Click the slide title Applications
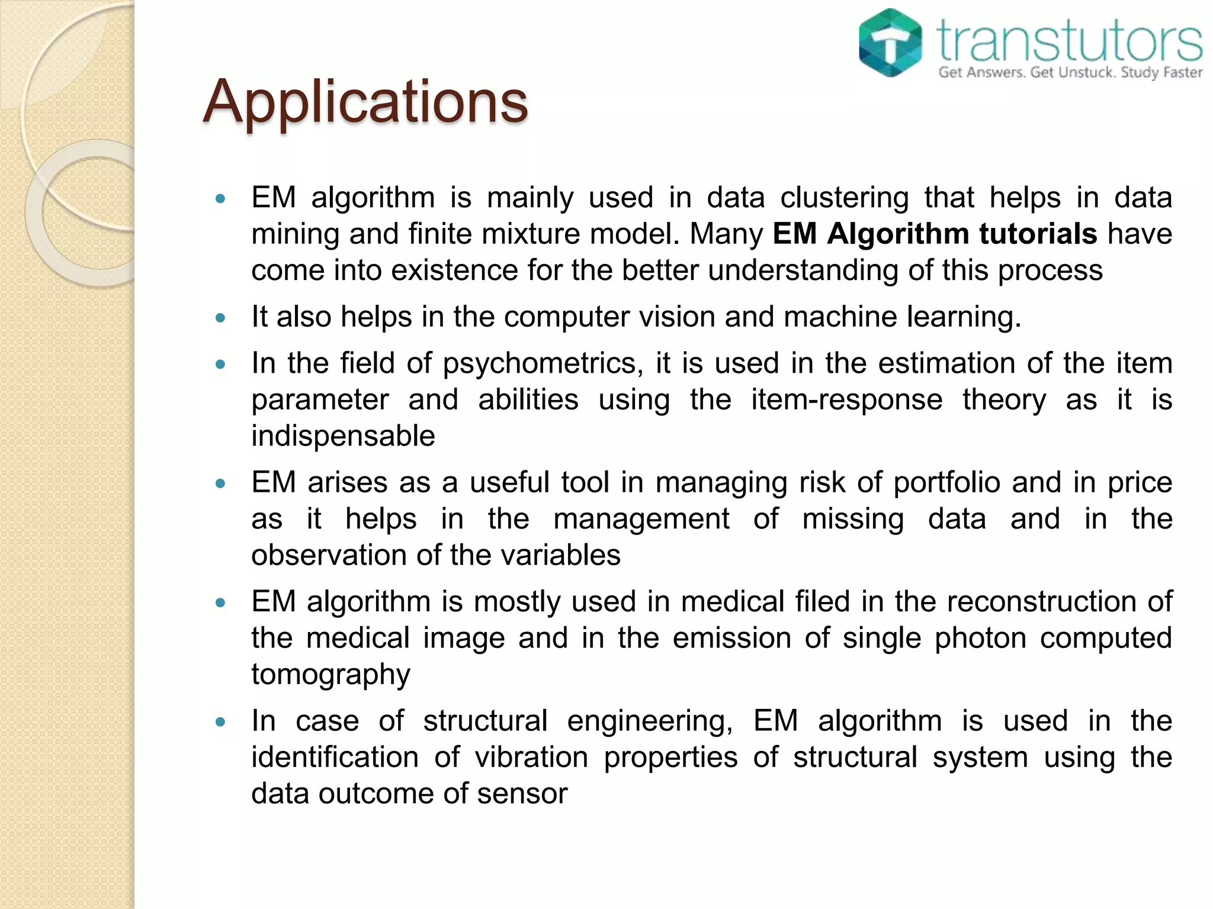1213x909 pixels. [x=365, y=102]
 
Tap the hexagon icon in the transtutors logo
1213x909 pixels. [x=890, y=43]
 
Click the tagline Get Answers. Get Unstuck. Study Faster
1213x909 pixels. [x=1070, y=73]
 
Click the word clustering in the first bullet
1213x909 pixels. [x=844, y=198]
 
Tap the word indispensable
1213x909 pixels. [x=343, y=436]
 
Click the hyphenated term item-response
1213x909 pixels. [x=846, y=399]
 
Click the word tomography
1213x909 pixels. [x=330, y=675]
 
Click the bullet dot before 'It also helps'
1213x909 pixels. [x=221, y=318]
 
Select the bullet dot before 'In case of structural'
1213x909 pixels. [x=221, y=722]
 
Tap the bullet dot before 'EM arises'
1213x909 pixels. [x=221, y=483]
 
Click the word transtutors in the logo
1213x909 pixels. [x=1070, y=40]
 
